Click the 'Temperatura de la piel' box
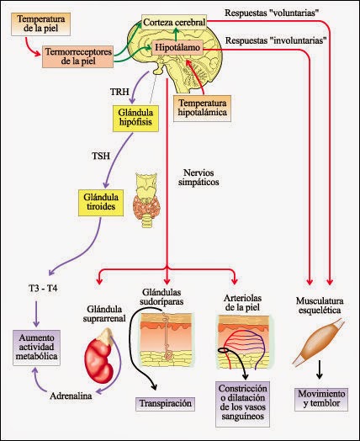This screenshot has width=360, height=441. (x=40, y=24)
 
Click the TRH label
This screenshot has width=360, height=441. (x=119, y=88)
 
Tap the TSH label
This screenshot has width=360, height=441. (x=101, y=157)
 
